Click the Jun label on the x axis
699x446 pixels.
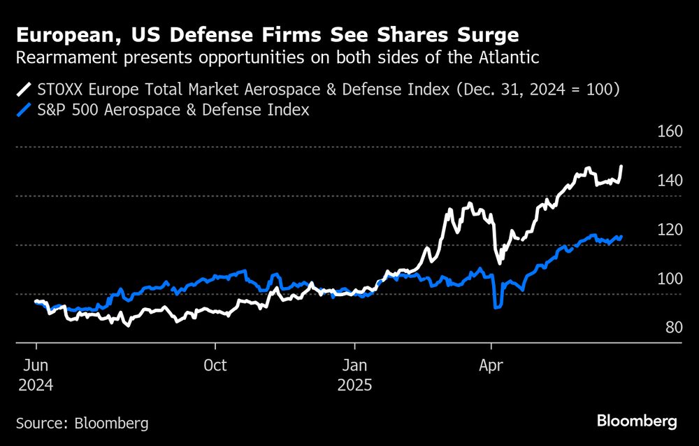[35, 365]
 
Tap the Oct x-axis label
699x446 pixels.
[215, 365]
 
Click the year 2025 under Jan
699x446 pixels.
[356, 385]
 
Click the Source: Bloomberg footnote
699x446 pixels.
[82, 423]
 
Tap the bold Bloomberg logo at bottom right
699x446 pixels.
[637, 421]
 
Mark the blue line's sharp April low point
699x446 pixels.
[497, 307]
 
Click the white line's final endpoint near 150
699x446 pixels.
[622, 167]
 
